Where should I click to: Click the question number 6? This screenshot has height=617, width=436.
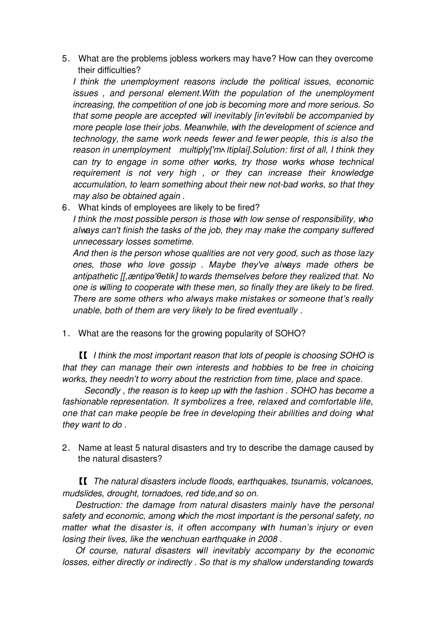click(x=65, y=208)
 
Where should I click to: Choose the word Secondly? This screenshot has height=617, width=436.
click(x=103, y=391)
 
